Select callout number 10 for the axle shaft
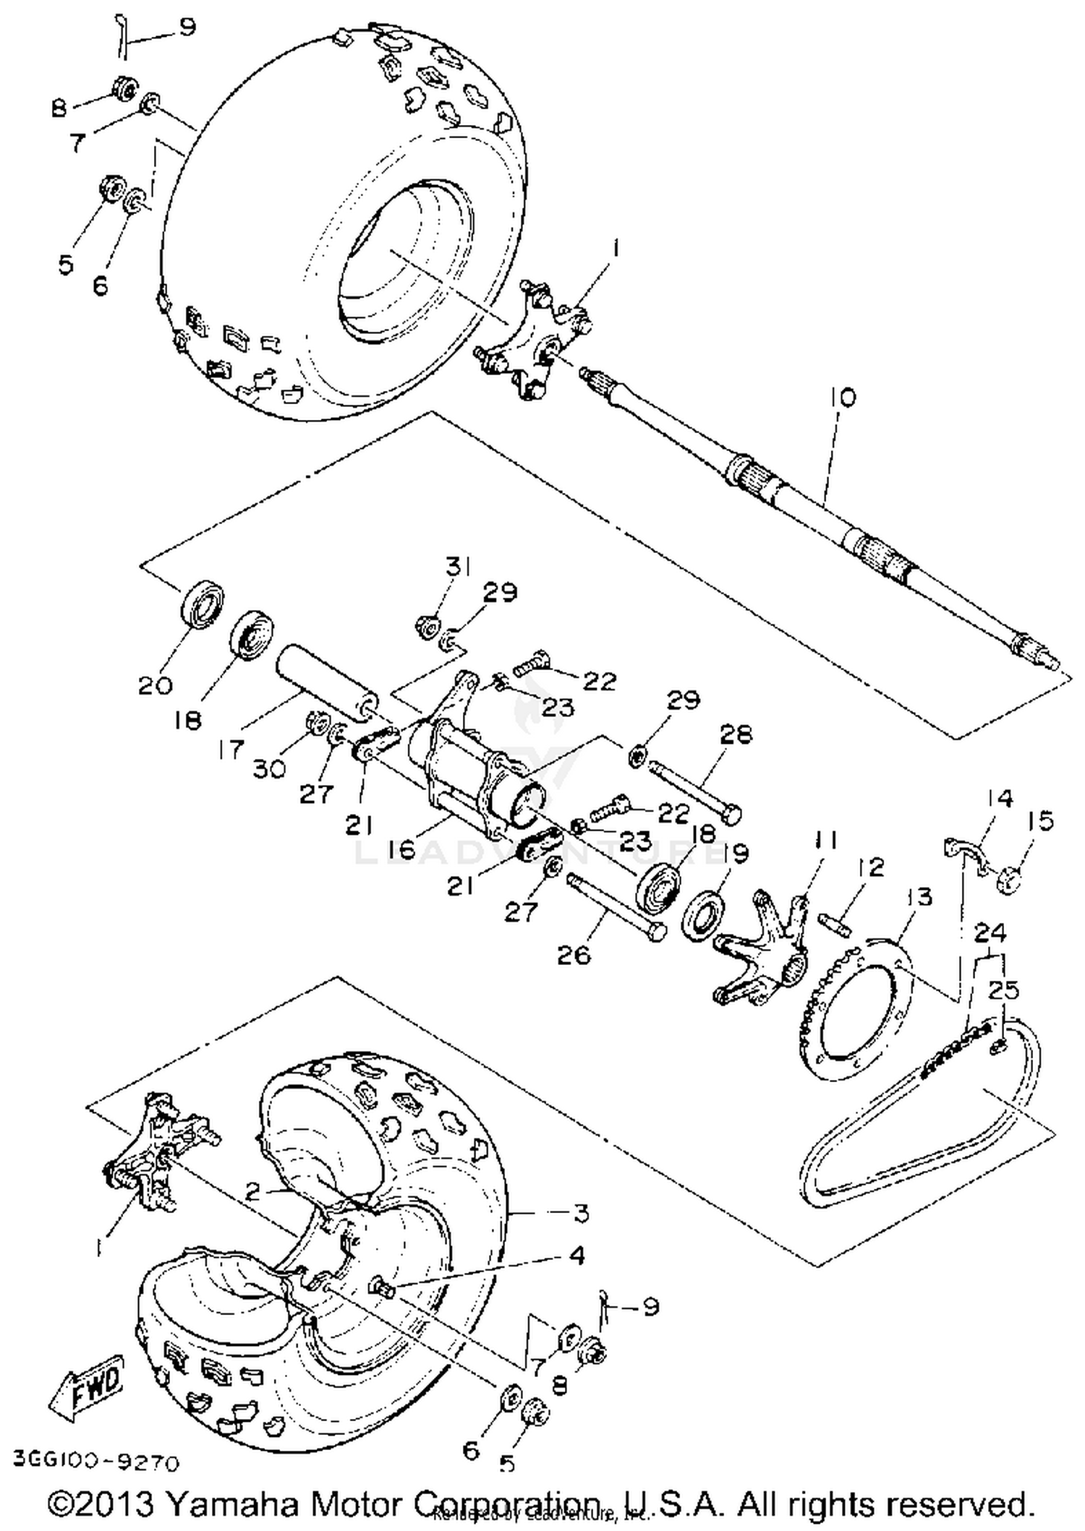(843, 397)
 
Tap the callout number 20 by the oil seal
(156, 685)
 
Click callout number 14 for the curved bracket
(999, 799)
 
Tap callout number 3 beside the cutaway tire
(581, 1213)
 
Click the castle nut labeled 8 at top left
(124, 90)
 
